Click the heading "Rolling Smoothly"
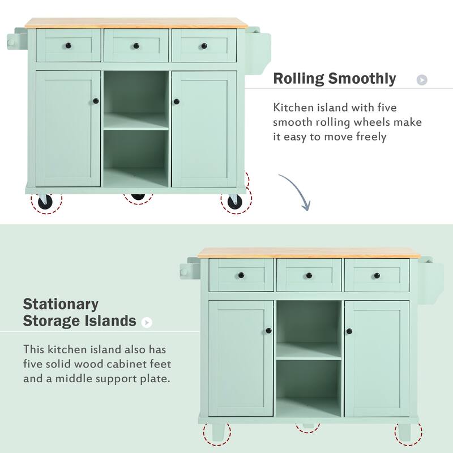(335, 79)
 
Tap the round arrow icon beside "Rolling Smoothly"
(421, 80)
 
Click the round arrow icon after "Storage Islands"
(147, 323)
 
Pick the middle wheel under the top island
(138, 196)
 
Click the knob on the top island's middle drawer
(136, 45)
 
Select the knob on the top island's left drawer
(69, 45)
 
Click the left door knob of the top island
(96, 101)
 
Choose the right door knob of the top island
(176, 101)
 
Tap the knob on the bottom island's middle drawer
(309, 275)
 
